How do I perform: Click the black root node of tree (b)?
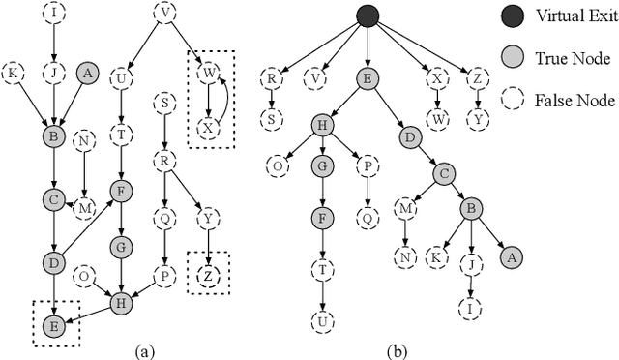click(368, 15)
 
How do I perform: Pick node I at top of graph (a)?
click(55, 14)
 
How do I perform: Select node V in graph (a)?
click(164, 14)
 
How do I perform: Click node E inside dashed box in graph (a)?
click(55, 326)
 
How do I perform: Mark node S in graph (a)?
click(165, 103)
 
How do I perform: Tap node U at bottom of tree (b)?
click(319, 320)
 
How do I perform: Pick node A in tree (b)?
click(512, 257)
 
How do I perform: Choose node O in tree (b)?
click(277, 165)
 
